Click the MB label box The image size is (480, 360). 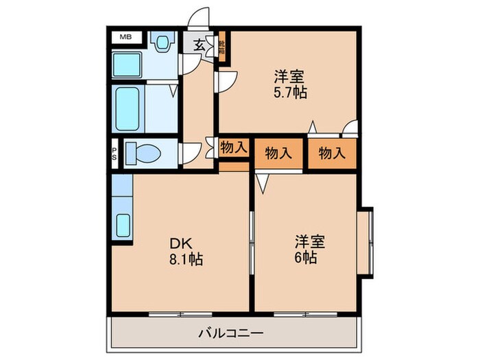tap(126, 36)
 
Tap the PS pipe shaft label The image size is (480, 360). tap(115, 154)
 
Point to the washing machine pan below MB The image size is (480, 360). tap(128, 64)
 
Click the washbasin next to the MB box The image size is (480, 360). tap(162, 45)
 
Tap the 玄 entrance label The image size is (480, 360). tap(198, 45)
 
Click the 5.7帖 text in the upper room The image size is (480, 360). tap(288, 93)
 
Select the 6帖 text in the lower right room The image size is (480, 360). tap(307, 259)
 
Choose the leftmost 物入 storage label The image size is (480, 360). tap(233, 147)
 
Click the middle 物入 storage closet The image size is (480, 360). tap(278, 153)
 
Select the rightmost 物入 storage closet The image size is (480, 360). tap(331, 153)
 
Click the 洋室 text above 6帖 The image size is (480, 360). tap(310, 241)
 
